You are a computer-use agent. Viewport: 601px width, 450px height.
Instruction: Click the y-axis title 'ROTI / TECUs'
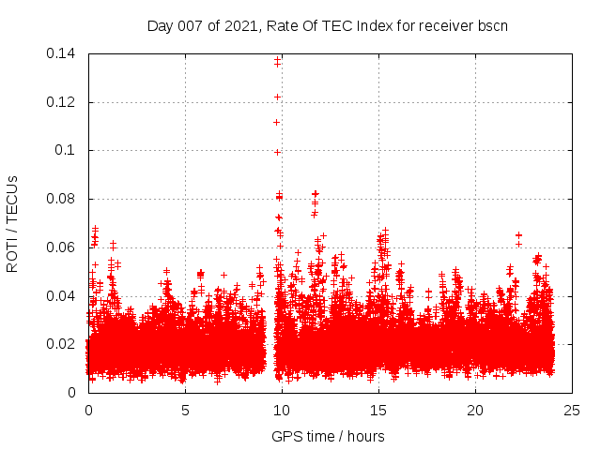coord(12,223)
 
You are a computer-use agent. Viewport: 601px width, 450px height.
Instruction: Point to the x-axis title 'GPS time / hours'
coord(328,436)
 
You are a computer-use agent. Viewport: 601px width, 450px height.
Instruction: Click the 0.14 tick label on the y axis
coord(62,53)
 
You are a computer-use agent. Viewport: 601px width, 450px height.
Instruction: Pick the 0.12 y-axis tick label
coord(62,101)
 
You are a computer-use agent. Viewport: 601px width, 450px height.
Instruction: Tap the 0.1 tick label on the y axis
coord(67,150)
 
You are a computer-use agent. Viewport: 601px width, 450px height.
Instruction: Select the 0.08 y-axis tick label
coord(62,199)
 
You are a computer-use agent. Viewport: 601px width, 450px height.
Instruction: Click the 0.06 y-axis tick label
coord(62,247)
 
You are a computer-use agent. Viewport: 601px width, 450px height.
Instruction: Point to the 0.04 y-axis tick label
coord(62,295)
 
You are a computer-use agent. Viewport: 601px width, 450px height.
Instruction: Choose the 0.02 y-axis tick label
coord(62,344)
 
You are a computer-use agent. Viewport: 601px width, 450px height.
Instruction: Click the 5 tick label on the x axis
coord(185,410)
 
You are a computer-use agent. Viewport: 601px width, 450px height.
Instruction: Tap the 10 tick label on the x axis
coord(282,410)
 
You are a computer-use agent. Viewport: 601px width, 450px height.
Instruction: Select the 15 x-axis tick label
coord(378,410)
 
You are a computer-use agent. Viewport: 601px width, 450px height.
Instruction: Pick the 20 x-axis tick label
coord(476,410)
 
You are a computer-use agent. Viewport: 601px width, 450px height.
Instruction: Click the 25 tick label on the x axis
coord(573,410)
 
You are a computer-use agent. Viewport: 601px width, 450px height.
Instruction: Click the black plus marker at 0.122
coord(277,97)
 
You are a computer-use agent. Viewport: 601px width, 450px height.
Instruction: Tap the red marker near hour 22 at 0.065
coord(518,235)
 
